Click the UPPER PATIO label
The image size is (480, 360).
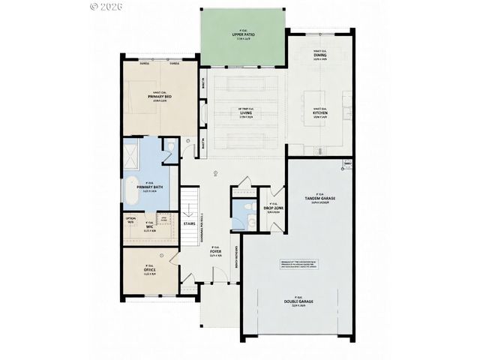click(x=241, y=35)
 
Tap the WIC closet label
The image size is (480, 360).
click(x=150, y=227)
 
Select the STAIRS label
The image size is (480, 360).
click(x=190, y=223)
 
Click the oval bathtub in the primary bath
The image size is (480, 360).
click(x=130, y=193)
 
